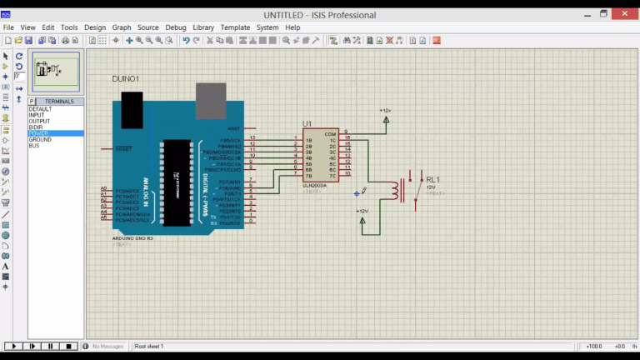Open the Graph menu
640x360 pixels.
(122, 27)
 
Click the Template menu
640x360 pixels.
(235, 27)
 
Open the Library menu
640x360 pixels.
(203, 27)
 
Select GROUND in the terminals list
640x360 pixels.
(40, 139)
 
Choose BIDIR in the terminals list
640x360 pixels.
(36, 127)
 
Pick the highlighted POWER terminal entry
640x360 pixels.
(38, 133)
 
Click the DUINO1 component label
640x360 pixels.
(126, 78)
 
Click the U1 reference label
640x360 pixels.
(307, 123)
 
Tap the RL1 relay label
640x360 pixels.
(432, 179)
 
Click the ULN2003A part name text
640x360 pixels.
(315, 186)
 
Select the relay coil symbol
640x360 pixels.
(391, 192)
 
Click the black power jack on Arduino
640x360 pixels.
(132, 108)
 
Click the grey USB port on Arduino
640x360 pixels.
(211, 99)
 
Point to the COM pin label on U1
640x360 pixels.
(330, 134)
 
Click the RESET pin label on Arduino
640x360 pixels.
(123, 149)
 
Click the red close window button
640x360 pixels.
(622, 14)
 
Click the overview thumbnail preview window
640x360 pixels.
(56, 72)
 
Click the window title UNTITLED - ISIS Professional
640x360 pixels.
(319, 15)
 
